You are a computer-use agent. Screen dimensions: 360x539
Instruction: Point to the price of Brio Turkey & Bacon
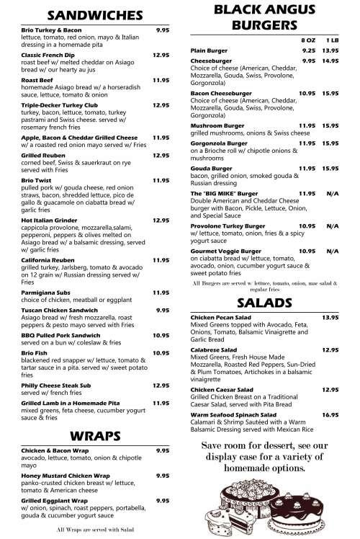point(163,30)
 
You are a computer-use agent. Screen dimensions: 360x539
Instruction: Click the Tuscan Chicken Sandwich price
point(163,309)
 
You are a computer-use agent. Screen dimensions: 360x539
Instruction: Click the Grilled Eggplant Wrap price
point(163,500)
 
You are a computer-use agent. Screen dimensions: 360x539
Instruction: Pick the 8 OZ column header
point(307,40)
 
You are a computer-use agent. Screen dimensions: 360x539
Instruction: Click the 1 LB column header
point(332,40)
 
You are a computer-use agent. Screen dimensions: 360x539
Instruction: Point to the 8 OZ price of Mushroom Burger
point(307,126)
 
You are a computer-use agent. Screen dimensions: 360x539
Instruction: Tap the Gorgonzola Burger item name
point(219,143)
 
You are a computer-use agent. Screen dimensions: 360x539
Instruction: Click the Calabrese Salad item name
point(214,349)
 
